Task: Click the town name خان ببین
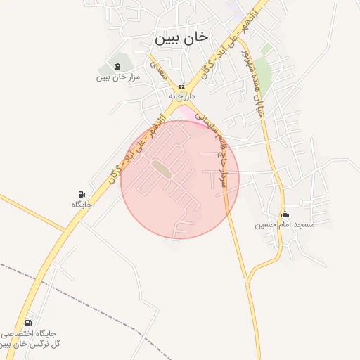point(181,38)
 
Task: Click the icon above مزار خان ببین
point(117,66)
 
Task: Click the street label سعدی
point(155,67)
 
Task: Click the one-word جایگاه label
point(82,204)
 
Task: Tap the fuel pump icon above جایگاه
point(82,194)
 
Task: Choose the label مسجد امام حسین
point(285,225)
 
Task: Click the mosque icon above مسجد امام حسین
point(285,214)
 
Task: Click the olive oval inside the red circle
point(162,169)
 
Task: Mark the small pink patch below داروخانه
point(185,112)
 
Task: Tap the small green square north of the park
point(266,49)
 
